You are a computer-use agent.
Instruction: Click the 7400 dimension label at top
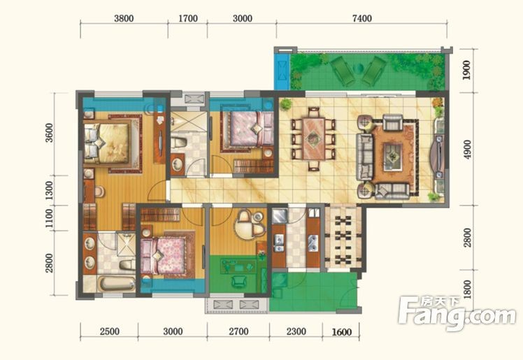coord(362,18)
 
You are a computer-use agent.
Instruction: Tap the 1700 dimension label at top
coord(188,18)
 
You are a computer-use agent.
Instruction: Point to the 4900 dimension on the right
coord(468,150)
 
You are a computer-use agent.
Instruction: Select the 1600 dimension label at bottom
coord(342,331)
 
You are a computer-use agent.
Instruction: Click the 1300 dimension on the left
coord(49,190)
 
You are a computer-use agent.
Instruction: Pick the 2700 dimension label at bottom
coord(239,331)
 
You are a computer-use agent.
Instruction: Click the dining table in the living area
coord(313,138)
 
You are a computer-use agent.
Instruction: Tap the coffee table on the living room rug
coord(392,157)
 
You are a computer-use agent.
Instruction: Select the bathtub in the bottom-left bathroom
coord(116,284)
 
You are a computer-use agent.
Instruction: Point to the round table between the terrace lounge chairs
coord(358,69)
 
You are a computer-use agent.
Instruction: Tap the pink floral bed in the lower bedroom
coord(163,256)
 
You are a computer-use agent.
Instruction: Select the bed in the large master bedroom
coord(107,143)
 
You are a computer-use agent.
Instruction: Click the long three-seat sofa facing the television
coord(364,157)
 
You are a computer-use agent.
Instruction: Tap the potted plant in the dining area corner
coord(285,105)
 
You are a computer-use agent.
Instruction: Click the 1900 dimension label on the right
coord(467,70)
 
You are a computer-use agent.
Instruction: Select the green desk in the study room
coord(238,267)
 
